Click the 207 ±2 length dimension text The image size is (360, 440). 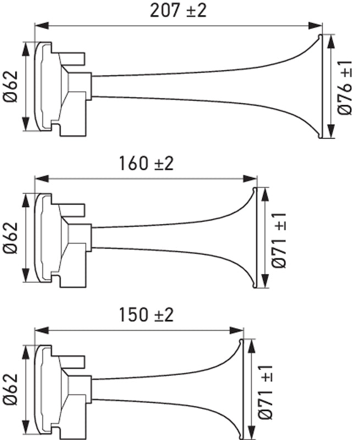178,10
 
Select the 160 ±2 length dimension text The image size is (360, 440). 146,163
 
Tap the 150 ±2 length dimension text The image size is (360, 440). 146,315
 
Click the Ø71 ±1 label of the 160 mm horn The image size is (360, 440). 279,238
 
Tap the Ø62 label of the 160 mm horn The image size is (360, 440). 10,238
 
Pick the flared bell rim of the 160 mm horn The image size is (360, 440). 254,238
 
